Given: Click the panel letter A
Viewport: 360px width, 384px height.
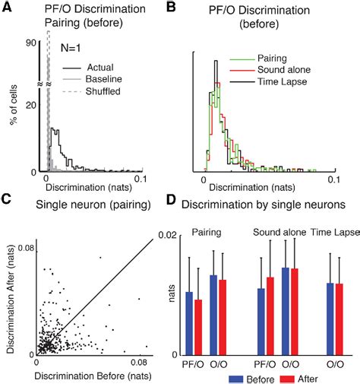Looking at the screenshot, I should pyautogui.click(x=6, y=7).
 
